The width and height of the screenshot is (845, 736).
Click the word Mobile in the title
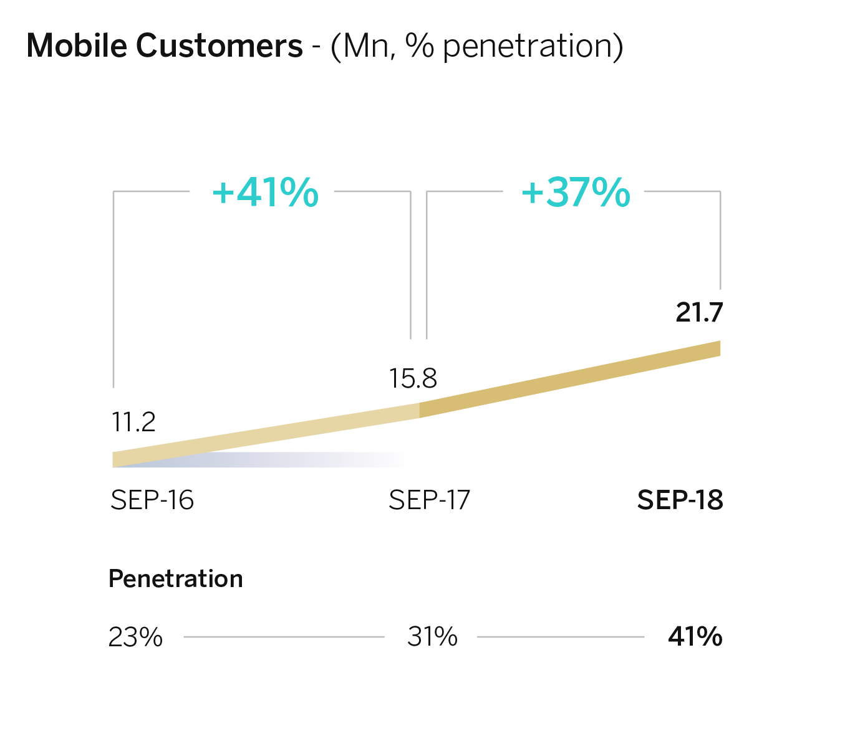[x=77, y=46]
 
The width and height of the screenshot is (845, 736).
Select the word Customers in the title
[x=219, y=46]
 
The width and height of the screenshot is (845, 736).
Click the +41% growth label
[x=266, y=192]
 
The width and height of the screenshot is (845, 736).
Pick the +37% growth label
[x=576, y=192]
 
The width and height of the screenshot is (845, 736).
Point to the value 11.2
[x=133, y=423]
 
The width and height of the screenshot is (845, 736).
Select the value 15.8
[x=413, y=378]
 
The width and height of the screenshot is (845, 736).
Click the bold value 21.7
[x=699, y=312]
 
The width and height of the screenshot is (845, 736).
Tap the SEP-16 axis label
[x=152, y=500]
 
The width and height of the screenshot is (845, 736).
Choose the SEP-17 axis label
[x=429, y=500]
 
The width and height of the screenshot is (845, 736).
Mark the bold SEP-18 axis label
[x=680, y=500]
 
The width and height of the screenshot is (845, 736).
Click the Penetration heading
[x=175, y=579]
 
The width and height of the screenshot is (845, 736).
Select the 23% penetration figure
[x=135, y=637]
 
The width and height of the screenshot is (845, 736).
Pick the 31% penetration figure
[x=432, y=637]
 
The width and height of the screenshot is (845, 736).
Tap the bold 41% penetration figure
[x=695, y=637]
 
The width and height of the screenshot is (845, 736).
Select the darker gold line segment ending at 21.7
[x=571, y=379]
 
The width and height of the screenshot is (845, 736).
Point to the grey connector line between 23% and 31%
[x=284, y=637]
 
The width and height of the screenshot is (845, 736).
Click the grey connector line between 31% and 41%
[x=560, y=637]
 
